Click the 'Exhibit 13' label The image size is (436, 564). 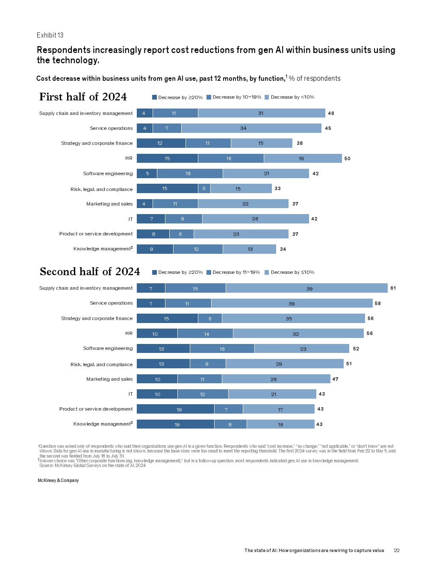tap(50, 35)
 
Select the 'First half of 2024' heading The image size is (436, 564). tap(83, 97)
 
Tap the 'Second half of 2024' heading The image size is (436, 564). tap(90, 272)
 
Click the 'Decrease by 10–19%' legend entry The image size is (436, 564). tap(234, 97)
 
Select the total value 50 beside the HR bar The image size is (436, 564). tap(347, 159)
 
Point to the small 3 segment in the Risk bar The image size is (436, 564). tap(204, 188)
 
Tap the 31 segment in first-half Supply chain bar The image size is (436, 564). tap(261, 113)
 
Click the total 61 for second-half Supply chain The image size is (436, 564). tap(393, 288)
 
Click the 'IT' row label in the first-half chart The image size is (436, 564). tap(131, 219)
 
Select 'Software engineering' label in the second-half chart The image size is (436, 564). tap(108, 349)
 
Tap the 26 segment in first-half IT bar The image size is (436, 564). tap(255, 219)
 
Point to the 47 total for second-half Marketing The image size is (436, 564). tap(335, 379)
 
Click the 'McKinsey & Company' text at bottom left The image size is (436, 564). tap(58, 481)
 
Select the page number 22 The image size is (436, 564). tap(396, 551)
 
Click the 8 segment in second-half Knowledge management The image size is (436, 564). tap(230, 424)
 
